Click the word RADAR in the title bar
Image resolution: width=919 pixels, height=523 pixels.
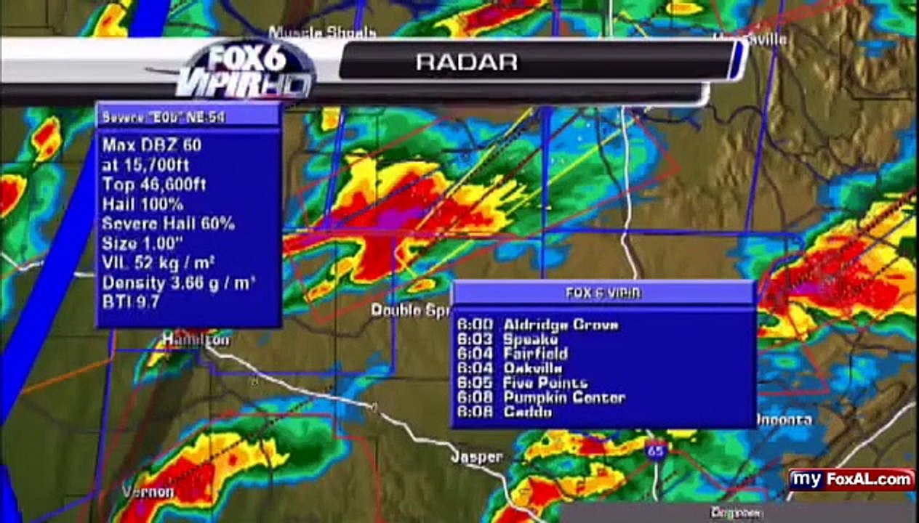[467, 62]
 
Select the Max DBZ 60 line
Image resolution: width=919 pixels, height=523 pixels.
[152, 145]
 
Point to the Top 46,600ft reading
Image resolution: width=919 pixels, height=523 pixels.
[154, 185]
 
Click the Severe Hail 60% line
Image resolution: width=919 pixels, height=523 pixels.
[168, 224]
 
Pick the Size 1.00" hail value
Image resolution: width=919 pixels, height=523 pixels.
[143, 243]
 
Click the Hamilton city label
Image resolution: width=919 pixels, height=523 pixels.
[196, 339]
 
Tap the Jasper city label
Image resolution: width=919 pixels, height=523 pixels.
[476, 457]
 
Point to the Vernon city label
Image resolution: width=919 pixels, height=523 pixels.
[148, 492]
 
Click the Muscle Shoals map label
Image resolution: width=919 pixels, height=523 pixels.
[322, 33]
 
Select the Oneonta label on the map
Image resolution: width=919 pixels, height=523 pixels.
[784, 420]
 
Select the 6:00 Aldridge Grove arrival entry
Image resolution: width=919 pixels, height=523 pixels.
[537, 325]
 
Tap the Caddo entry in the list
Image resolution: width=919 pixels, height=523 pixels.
[504, 412]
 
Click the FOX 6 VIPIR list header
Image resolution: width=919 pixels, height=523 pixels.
[603, 293]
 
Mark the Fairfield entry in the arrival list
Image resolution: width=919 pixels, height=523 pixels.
[512, 354]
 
